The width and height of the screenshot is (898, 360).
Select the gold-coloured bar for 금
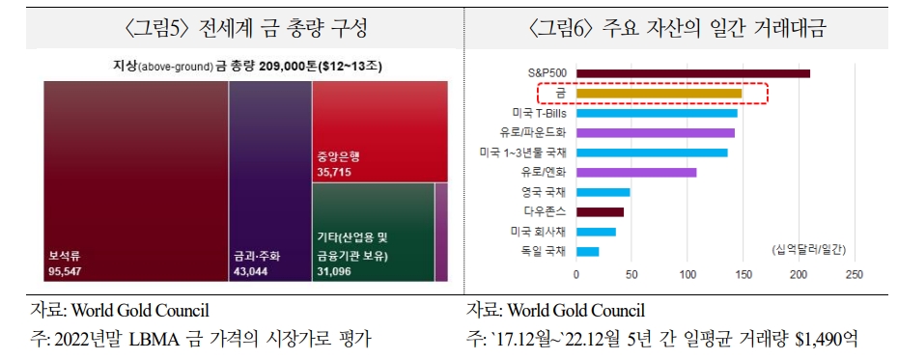coord(659,94)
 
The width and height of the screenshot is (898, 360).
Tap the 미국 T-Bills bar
coord(658,113)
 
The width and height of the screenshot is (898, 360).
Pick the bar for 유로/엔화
coord(636,172)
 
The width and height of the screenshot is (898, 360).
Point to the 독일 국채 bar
coord(588,251)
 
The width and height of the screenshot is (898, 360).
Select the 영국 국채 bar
coord(603,192)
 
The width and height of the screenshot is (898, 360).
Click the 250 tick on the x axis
coord(853,275)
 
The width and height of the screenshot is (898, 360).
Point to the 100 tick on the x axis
coord(688,275)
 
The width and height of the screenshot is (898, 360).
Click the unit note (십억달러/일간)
coord(808,250)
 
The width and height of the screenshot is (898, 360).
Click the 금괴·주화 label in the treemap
coord(257,257)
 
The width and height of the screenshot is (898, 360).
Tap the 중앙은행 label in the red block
coord(337,156)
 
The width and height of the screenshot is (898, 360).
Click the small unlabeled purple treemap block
coord(440,233)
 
